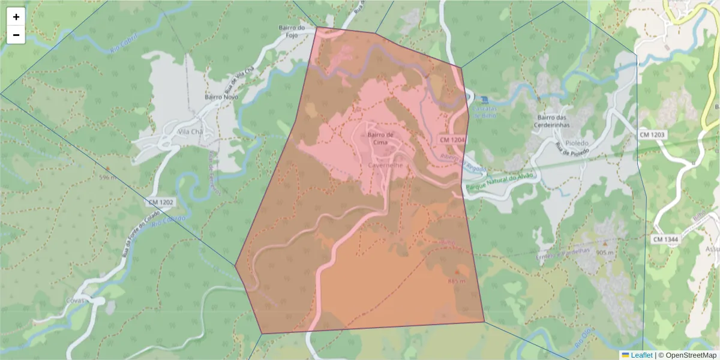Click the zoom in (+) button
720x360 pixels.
coord(16,17)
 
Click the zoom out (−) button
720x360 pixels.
coord(16,35)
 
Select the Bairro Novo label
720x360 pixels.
coord(221,97)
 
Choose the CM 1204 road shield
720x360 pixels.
coord(452,139)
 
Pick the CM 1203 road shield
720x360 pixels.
coord(651,134)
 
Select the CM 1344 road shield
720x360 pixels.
coord(665,239)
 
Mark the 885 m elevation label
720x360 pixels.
coord(456,281)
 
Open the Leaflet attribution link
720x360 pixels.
coord(641,355)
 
